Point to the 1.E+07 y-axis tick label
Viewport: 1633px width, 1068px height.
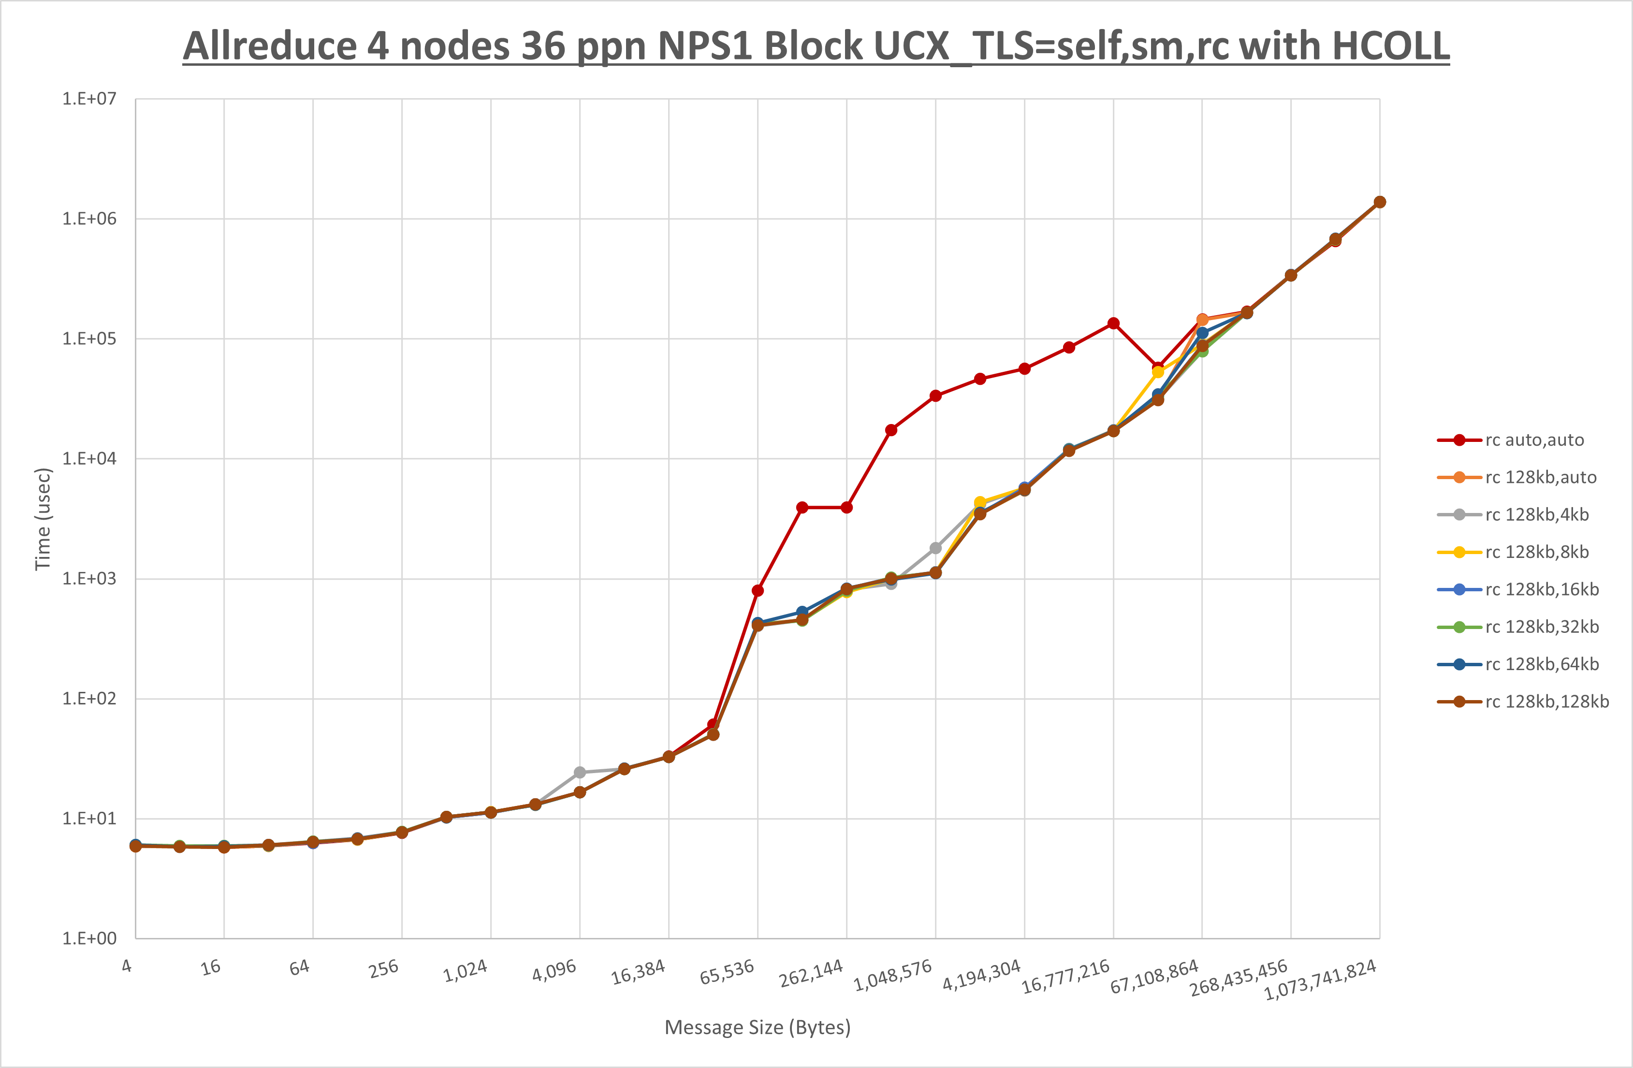(x=89, y=99)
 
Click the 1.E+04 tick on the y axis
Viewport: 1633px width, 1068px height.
(x=89, y=458)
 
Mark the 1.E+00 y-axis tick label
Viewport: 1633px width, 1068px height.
(x=89, y=938)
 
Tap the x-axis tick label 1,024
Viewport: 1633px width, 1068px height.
(x=465, y=970)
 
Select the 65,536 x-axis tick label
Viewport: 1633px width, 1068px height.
(x=727, y=972)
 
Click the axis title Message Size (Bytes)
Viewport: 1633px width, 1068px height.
(x=758, y=1027)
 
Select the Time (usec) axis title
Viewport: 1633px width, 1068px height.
(x=43, y=519)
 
